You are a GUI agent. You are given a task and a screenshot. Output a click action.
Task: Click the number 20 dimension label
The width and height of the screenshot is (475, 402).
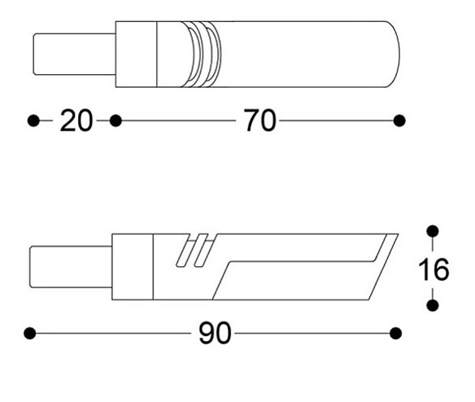(x=76, y=121)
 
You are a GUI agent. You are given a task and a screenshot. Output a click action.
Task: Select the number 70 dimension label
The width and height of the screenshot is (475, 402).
(x=259, y=121)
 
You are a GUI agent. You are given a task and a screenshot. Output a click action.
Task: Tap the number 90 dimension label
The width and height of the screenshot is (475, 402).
(x=215, y=333)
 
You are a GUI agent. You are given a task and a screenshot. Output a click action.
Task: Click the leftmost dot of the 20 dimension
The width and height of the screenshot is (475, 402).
(x=33, y=120)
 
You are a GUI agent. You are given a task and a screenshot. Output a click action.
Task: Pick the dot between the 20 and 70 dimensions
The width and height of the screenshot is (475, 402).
(x=115, y=120)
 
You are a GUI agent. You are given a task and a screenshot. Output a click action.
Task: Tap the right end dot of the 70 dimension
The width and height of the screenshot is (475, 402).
(x=399, y=120)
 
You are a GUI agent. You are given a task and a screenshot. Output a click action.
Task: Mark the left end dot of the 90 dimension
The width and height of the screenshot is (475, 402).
(x=30, y=333)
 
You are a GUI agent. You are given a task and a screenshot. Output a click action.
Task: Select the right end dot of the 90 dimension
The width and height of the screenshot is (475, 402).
(x=396, y=333)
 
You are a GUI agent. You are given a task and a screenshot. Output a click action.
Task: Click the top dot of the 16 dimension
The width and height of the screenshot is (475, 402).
(x=433, y=231)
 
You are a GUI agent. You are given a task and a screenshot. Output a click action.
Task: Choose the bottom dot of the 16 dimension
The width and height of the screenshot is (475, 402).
(x=433, y=305)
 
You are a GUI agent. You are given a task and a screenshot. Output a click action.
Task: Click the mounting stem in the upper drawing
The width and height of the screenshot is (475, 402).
(x=74, y=54)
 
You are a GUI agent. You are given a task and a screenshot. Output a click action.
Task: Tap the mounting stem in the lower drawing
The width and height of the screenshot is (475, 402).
(x=70, y=266)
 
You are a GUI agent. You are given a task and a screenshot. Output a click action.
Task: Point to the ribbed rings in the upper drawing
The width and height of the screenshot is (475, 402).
(x=206, y=54)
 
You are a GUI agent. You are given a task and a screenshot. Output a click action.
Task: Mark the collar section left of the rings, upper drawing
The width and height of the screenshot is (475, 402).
(x=136, y=54)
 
